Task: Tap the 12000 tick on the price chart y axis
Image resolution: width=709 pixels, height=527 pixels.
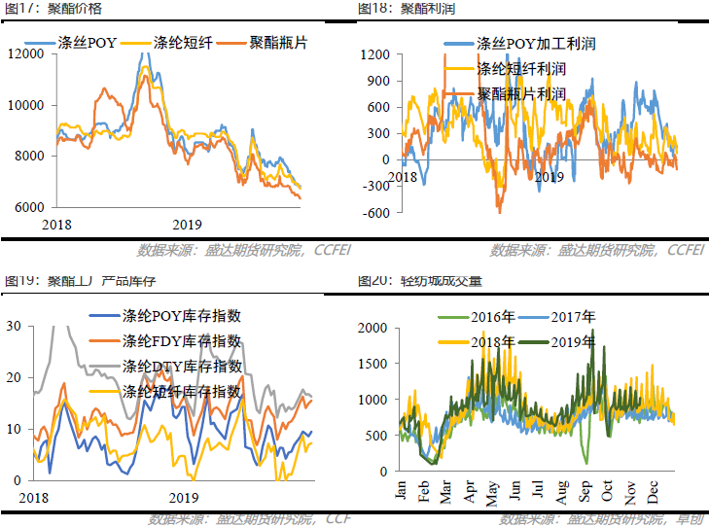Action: (x=25, y=53)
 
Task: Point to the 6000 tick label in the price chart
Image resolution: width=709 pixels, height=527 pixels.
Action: (x=25, y=207)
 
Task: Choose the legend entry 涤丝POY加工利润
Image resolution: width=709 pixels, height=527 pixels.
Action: (x=534, y=44)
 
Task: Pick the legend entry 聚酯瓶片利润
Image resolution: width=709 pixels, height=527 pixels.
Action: (x=521, y=93)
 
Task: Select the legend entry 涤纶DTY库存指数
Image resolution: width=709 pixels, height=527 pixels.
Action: (x=181, y=367)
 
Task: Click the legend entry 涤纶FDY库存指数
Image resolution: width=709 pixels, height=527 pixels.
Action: (x=181, y=341)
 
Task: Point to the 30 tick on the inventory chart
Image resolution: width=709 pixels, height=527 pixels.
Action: (x=14, y=327)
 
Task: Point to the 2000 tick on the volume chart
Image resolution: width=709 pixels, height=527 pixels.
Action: (x=373, y=329)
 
